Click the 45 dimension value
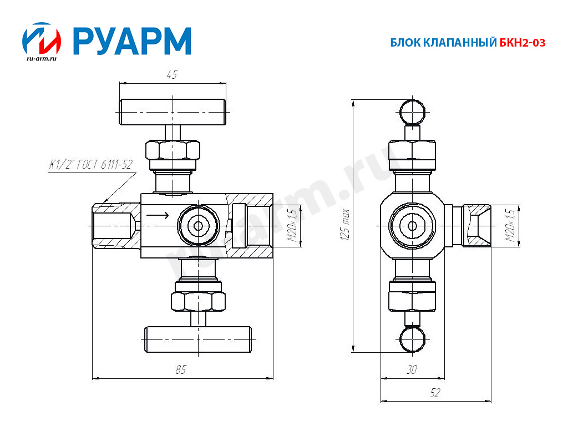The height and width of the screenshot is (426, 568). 172,75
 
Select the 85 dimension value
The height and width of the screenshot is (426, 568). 181,370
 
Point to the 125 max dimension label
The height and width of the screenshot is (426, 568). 345,225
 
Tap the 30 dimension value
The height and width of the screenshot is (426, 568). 412,369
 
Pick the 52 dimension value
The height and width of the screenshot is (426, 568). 435,393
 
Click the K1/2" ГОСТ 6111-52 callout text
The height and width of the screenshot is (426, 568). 91,165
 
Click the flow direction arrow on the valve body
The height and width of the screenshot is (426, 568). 158,216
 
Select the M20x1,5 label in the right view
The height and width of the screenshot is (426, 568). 510,226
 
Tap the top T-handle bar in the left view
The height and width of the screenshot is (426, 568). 173,112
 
